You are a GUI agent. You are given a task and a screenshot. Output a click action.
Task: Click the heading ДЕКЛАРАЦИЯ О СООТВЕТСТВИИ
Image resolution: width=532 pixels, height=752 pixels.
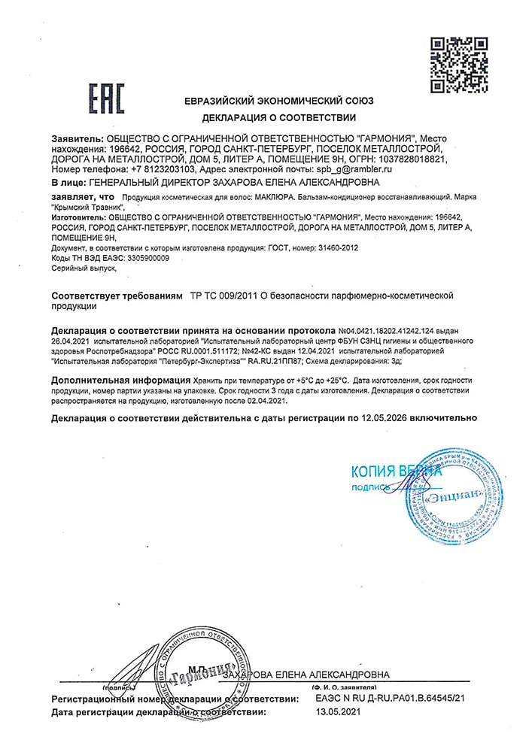click(279, 118)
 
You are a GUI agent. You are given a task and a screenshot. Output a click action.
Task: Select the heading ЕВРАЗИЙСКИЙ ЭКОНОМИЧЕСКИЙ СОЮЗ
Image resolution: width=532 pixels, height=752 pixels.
click(279, 101)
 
